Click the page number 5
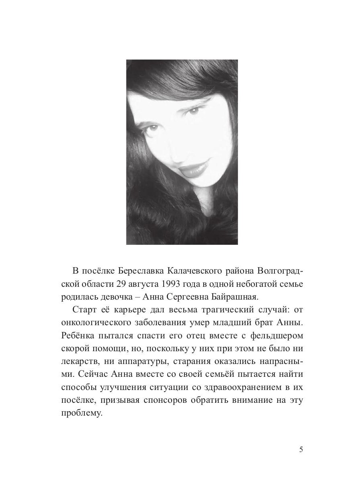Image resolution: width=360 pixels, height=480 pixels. pyautogui.click(x=301, y=449)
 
